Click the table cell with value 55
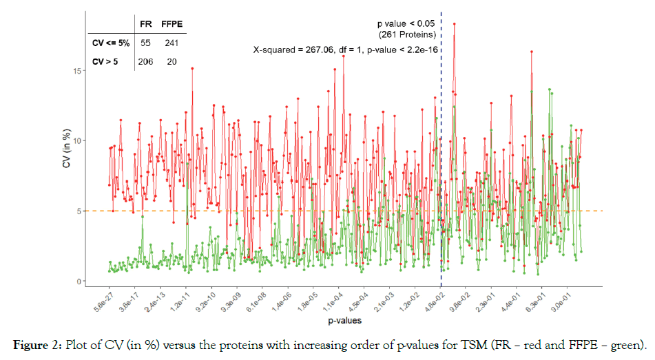point(145,43)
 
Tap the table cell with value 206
point(145,61)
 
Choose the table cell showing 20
point(171,61)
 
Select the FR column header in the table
point(146,25)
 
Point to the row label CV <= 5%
point(110,43)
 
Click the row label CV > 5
point(106,61)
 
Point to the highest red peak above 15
point(455,23)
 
